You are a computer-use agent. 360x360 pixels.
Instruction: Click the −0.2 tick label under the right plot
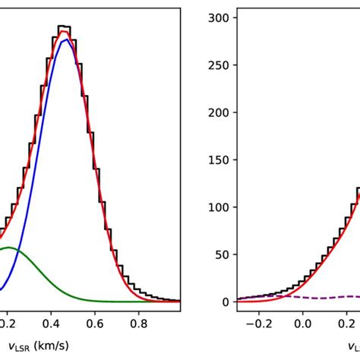coord(256,323)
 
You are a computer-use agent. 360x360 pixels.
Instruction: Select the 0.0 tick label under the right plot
coord(302,323)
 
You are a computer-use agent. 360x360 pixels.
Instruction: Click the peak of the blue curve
coord(67,39)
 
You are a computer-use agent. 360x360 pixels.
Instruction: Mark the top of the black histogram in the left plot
coord(65,27)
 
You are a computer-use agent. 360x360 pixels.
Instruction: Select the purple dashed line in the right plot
coord(319,297)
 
